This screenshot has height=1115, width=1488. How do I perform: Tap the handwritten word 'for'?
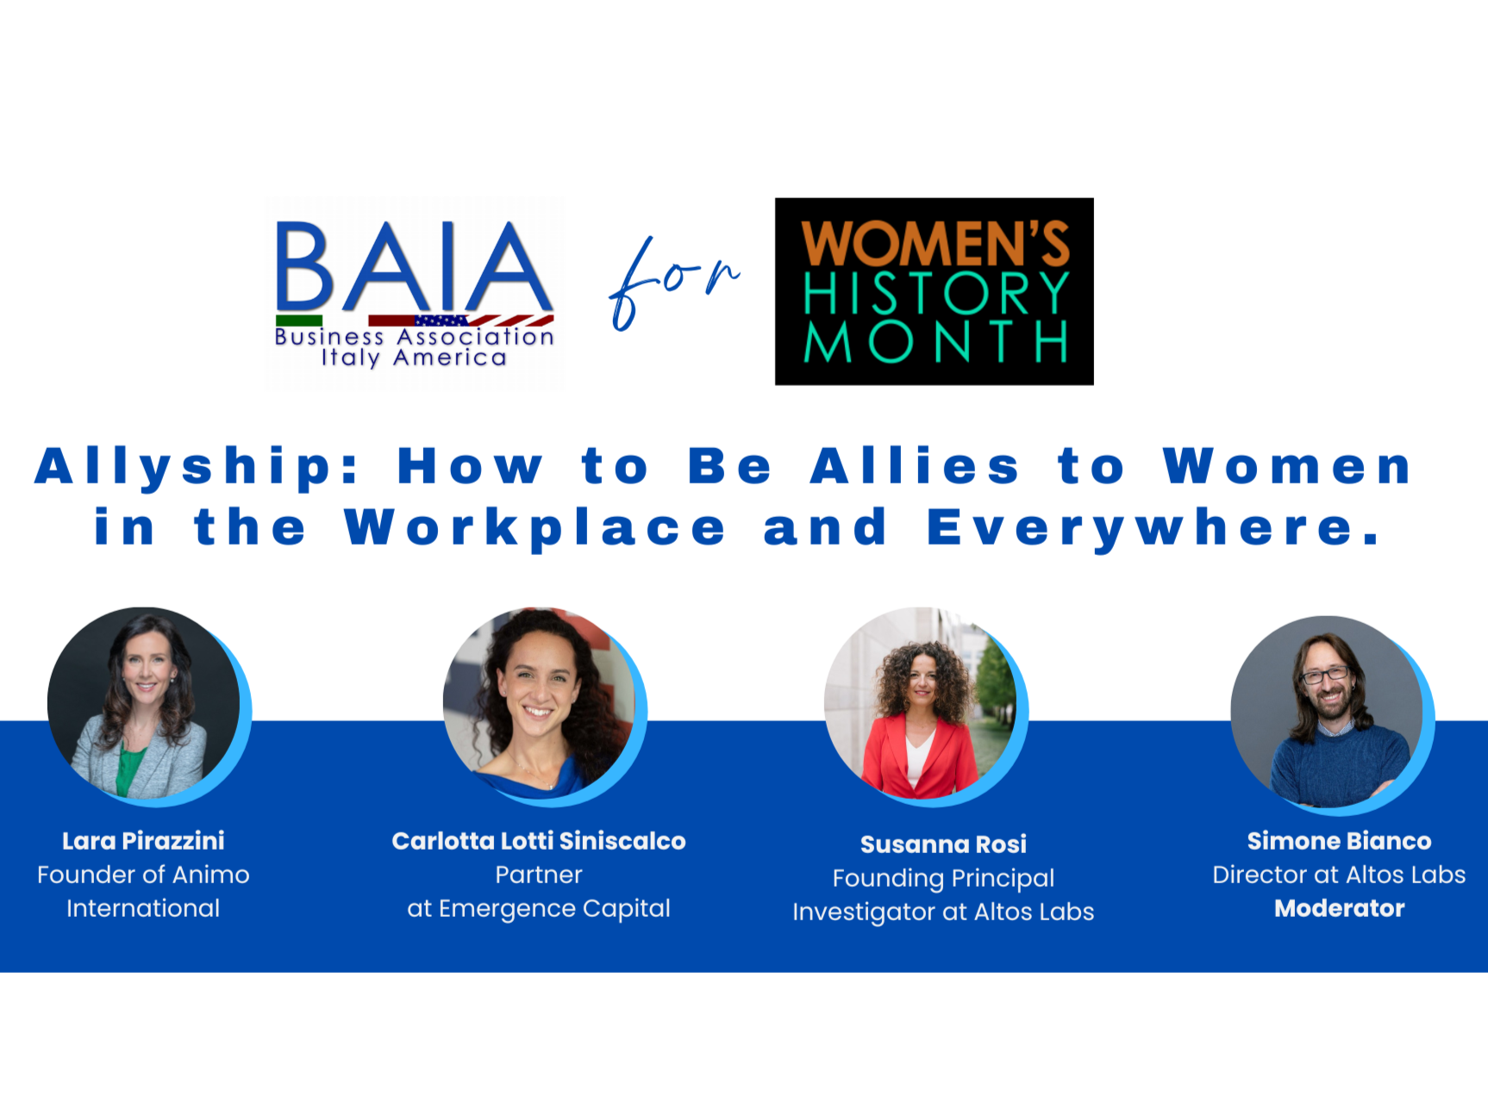[x=672, y=283]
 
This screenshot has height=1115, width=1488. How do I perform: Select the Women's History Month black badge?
[x=935, y=291]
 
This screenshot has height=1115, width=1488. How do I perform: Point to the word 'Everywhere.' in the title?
[x=1155, y=528]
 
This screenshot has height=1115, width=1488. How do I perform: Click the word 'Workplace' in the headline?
[x=535, y=528]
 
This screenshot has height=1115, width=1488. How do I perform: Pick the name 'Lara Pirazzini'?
[x=143, y=841]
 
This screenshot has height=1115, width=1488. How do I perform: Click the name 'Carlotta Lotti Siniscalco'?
[x=539, y=841]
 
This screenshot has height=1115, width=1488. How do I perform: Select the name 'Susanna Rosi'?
[x=943, y=844]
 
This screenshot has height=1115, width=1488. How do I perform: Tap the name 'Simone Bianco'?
[x=1339, y=841]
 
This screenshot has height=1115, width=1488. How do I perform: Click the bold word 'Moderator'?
[x=1340, y=908]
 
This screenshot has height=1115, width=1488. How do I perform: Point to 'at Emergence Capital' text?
[x=539, y=909]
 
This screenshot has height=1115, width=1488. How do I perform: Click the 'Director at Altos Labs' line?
[x=1339, y=875]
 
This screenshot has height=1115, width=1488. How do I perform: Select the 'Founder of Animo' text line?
[x=143, y=875]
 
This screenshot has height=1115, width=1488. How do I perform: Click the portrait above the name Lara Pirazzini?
[x=144, y=703]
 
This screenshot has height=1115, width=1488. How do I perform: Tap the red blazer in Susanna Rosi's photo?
[x=918, y=754]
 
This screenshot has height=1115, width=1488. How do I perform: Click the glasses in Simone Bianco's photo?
[x=1325, y=675]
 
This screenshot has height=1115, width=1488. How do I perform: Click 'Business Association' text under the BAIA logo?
[x=414, y=336]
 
